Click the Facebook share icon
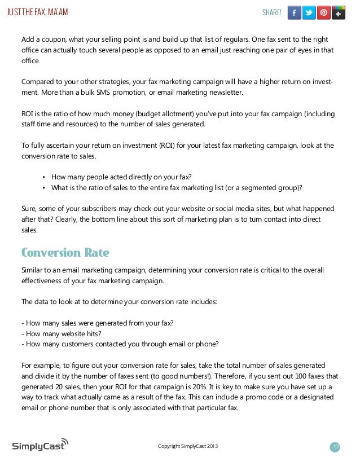tap(295, 12)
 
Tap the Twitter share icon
tap(309, 12)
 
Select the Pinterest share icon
tap(324, 12)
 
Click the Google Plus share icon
tap(339, 12)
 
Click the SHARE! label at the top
tap(271, 12)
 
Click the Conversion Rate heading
tap(65, 252)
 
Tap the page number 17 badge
tap(336, 447)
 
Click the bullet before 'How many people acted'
tap(44, 176)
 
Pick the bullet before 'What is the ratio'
tap(44, 187)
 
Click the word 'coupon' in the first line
tap(52, 39)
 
